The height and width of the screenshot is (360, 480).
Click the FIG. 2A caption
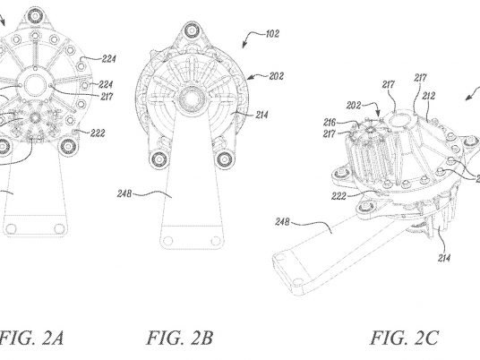click(31, 338)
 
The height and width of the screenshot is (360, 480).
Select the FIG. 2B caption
click(179, 338)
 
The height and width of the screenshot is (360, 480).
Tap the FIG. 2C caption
click(405, 338)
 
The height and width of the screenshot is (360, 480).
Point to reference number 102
click(272, 33)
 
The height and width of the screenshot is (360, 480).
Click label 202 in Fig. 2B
click(277, 76)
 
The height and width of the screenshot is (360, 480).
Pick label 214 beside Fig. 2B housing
click(261, 115)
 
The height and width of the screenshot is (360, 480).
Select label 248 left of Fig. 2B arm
click(124, 193)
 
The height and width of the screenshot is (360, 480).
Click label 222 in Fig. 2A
click(98, 133)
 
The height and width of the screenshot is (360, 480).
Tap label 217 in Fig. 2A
click(107, 97)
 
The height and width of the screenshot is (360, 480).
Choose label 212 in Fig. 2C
click(428, 96)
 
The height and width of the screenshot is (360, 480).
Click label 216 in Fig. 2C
click(330, 123)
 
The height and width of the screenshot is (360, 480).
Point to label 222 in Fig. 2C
click(339, 196)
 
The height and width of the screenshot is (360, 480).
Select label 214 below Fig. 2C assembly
click(444, 258)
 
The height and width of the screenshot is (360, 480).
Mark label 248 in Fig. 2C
click(282, 221)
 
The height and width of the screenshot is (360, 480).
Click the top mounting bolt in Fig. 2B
click(192, 30)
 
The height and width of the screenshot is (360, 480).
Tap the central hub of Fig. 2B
click(192, 99)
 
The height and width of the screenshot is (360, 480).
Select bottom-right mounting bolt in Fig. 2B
click(225, 159)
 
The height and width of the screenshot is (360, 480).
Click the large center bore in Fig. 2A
click(35, 85)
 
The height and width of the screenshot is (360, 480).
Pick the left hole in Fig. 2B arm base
click(167, 241)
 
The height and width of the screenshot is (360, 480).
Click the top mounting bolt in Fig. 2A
click(35, 15)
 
